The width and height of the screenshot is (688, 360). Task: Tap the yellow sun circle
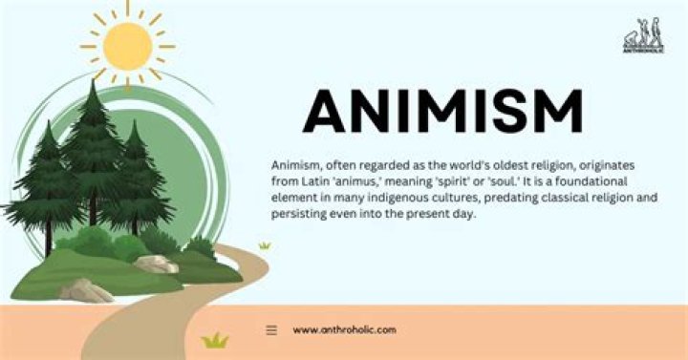128,45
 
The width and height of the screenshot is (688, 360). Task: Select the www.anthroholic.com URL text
344,329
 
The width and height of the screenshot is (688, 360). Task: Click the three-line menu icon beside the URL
271,329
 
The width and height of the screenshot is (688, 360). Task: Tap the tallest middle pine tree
93,143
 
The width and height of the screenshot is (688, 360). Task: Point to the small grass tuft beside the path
264,245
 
